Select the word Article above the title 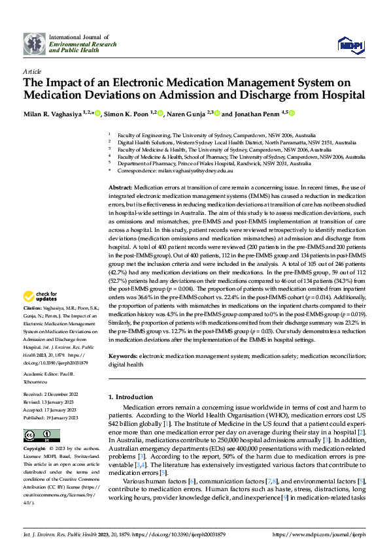point(32,71)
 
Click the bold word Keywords point(122,355)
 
